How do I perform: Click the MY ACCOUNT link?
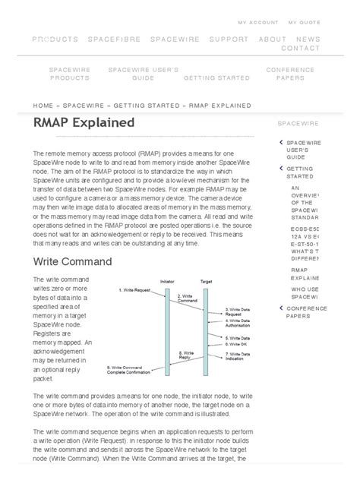(258, 23)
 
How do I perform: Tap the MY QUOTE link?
(304, 23)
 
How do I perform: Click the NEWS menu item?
(308, 39)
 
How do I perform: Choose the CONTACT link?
(301, 48)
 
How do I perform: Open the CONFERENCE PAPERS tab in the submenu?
(290, 74)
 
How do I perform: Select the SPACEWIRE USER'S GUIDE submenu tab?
(144, 74)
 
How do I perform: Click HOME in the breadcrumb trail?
(43, 106)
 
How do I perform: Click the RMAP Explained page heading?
(84, 122)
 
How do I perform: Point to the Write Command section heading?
(73, 261)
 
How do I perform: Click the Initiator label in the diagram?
(167, 281)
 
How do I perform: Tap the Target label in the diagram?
(206, 281)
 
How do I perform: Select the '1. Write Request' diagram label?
(136, 290)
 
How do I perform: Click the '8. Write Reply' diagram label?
(186, 355)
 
